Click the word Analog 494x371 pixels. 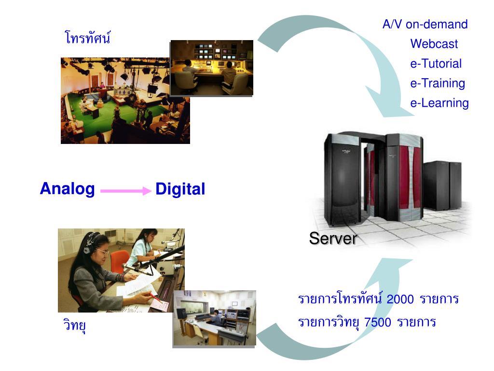[x=67, y=188]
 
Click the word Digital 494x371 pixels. [x=180, y=189]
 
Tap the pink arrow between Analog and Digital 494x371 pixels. [x=125, y=191]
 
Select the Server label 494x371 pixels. [x=333, y=238]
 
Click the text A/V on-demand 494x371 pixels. [x=425, y=24]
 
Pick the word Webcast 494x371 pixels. [x=434, y=44]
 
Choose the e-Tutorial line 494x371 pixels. [x=436, y=64]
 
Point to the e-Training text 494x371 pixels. [x=438, y=83]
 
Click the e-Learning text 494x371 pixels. [x=439, y=103]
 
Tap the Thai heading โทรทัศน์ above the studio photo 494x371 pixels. [x=87, y=37]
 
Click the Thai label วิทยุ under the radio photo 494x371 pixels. [x=74, y=325]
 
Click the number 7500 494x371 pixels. [x=378, y=322]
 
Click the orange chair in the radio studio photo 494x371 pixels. [x=119, y=261]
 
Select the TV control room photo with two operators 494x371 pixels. [x=212, y=68]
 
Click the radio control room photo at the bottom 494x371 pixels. [x=214, y=318]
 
